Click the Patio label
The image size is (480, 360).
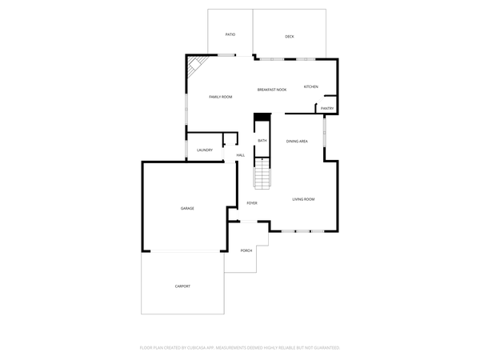click(x=230, y=35)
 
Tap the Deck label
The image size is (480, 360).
click(x=290, y=37)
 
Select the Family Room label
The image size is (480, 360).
click(x=221, y=97)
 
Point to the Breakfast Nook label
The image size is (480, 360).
click(x=272, y=90)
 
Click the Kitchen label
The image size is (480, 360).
click(x=310, y=86)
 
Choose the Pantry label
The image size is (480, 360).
click(x=327, y=108)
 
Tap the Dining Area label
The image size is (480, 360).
click(x=298, y=142)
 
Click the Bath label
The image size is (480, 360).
click(x=262, y=142)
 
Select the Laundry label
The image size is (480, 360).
click(x=205, y=150)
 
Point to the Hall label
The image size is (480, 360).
click(x=240, y=155)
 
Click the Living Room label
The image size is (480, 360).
click(x=303, y=199)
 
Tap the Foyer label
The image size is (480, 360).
click(x=252, y=203)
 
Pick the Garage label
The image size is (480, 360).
click(x=187, y=208)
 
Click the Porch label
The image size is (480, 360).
click(x=246, y=250)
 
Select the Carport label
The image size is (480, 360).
click(x=183, y=286)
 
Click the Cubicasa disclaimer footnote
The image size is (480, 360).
click(x=240, y=348)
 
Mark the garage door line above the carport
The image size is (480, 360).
click(x=183, y=252)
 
